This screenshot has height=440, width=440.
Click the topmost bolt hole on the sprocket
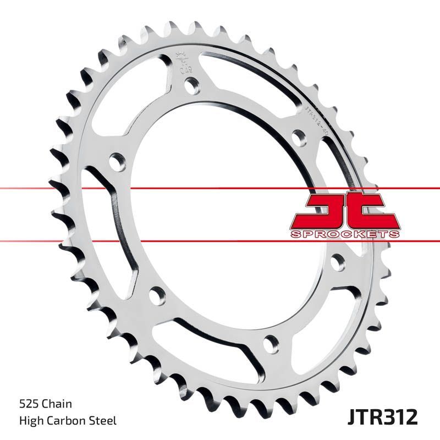pos(191,85)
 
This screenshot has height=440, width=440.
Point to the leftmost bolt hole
pos(117,163)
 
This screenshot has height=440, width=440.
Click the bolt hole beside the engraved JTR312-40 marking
pos(299,137)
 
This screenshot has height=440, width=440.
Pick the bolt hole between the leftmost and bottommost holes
pos(156,296)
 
